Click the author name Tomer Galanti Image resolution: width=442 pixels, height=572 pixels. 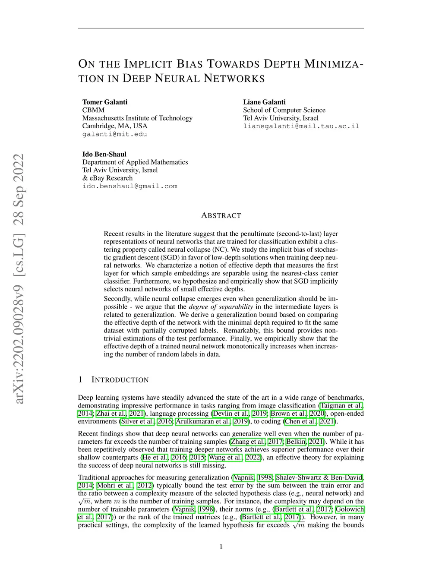tap(105, 102)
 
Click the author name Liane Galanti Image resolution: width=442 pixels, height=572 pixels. tap(264, 102)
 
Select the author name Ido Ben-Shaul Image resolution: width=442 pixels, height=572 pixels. tap(104, 154)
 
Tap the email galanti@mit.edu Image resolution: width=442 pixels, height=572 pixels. tap(114, 134)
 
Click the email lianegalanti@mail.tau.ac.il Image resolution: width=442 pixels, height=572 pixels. tap(301, 126)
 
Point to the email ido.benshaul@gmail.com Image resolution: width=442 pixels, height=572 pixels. tap(129, 186)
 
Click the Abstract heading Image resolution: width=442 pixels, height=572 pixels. tap(221, 215)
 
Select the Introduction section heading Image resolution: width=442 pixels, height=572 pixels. tap(120, 380)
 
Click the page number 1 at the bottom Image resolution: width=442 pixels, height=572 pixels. tap(221, 547)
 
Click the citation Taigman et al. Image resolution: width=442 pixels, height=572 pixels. tap(341, 405)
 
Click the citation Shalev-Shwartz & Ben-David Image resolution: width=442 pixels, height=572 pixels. tap(319, 477)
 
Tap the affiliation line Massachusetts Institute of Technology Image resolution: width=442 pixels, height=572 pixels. tap(137, 118)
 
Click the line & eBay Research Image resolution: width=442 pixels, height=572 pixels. tap(107, 178)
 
